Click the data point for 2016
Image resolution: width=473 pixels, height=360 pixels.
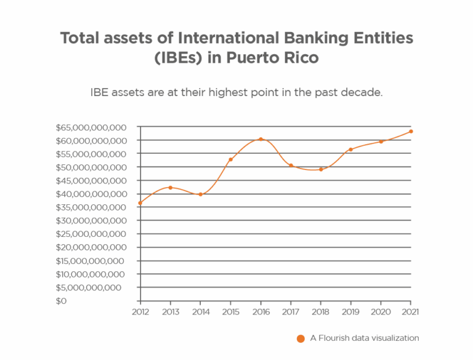click(261, 139)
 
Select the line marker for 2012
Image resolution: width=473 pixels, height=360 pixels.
click(140, 202)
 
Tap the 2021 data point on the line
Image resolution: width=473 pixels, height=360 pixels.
click(411, 132)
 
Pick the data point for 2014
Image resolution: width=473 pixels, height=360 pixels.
click(201, 194)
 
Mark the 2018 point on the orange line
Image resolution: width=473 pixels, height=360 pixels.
click(321, 170)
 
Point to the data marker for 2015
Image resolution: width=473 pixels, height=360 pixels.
click(231, 160)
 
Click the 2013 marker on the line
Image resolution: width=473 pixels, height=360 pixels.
click(171, 187)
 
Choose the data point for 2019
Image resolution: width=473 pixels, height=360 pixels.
click(351, 150)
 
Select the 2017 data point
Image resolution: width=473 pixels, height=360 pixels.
click(291, 165)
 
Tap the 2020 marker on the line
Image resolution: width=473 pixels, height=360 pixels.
click(381, 142)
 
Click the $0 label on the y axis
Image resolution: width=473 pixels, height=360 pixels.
click(61, 301)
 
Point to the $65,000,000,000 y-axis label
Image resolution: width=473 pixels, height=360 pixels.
click(91, 127)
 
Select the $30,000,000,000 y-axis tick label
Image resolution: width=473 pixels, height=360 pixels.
click(91, 221)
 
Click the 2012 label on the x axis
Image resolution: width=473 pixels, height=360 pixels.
click(140, 312)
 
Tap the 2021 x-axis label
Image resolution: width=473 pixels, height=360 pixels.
click(411, 312)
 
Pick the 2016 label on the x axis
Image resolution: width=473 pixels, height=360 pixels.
click(261, 312)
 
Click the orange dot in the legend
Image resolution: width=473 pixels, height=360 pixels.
click(301, 338)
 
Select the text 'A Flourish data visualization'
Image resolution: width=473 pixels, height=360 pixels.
click(364, 338)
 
